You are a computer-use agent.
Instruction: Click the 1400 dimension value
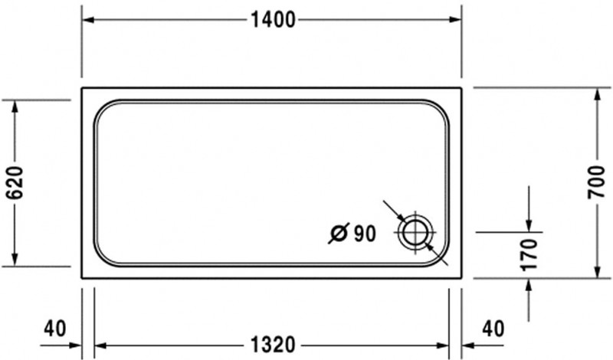pyautogui.click(x=273, y=21)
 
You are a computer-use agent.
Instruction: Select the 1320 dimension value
pyautogui.click(x=272, y=345)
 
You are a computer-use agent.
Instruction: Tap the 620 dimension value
pyautogui.click(x=15, y=184)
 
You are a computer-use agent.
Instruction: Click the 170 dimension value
pyautogui.click(x=529, y=255)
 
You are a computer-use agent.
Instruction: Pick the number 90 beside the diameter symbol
pyautogui.click(x=365, y=234)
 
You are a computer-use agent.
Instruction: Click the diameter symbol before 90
pyautogui.click(x=339, y=233)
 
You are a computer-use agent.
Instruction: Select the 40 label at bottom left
pyautogui.click(x=54, y=329)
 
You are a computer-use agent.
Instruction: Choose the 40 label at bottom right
pyautogui.click(x=493, y=329)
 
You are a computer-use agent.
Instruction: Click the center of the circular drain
pyautogui.click(x=415, y=231)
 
